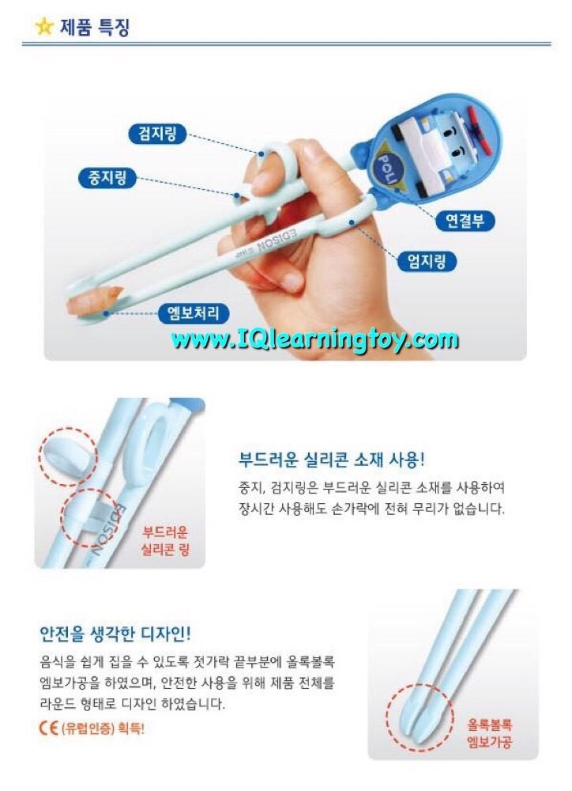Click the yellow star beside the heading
tap(44, 26)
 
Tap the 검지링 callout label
tap(158, 134)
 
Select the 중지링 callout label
tap(108, 177)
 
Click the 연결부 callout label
tap(465, 221)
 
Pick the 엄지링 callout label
tap(427, 261)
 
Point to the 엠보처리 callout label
tap(194, 312)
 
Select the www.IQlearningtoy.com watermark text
tap(314, 339)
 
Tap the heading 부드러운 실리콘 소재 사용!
tap(332, 460)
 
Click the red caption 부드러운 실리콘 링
tap(165, 540)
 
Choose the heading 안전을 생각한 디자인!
tap(115, 634)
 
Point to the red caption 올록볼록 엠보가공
tap(489, 733)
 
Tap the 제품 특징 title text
tap(96, 27)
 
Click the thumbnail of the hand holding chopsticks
tap(285, 225)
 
